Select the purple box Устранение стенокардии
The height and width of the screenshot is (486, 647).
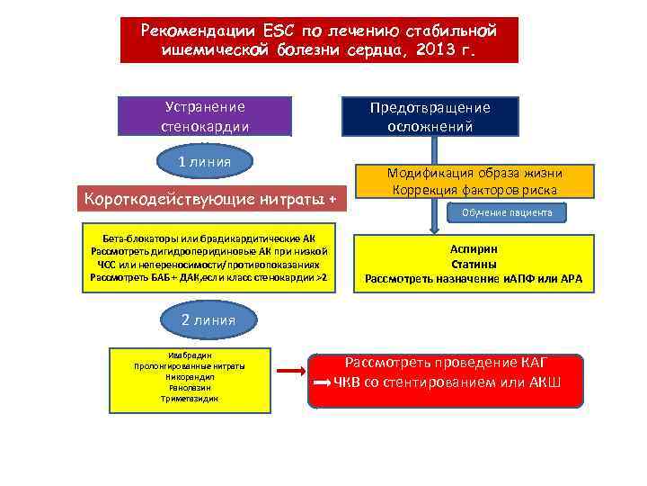coord(205,116)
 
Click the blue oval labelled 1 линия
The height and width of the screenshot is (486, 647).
coord(204,161)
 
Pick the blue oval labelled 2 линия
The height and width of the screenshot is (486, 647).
coord(208,319)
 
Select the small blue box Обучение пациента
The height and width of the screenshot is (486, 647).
coord(507,212)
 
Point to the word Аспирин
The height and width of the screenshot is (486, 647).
coord(474,249)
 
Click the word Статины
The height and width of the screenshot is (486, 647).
coord(474,264)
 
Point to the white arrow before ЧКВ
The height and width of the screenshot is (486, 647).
coord(322,383)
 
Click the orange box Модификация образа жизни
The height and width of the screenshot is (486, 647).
coord(474,182)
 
